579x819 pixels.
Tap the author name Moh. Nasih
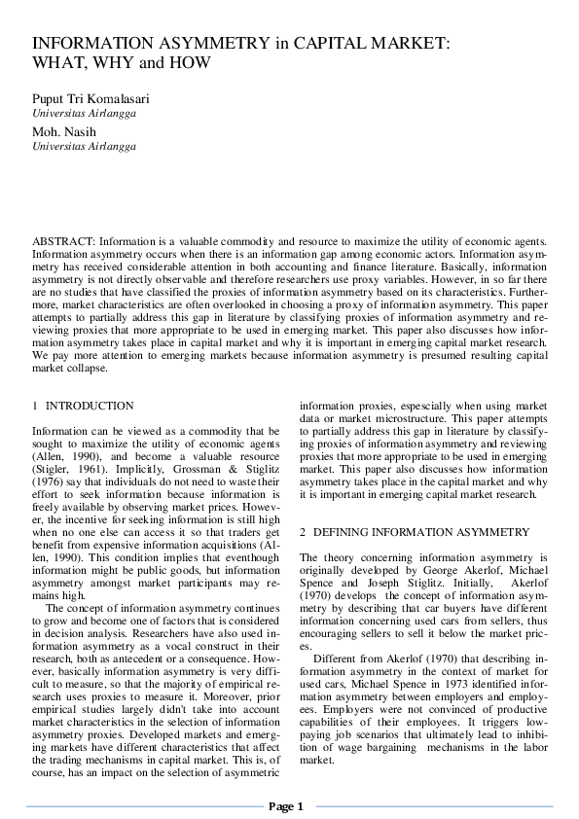63,131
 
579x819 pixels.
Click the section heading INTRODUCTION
90,405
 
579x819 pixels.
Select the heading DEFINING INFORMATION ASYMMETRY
421,532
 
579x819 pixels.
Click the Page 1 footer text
287,806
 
